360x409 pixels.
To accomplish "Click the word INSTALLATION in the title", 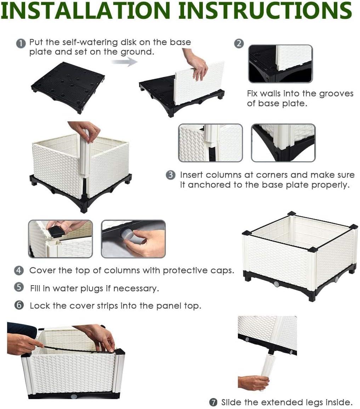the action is pos(86,10).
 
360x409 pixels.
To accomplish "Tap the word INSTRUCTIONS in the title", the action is pos(265,10).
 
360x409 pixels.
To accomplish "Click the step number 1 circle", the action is pos(21,43).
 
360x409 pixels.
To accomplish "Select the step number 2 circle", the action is pos(239,43).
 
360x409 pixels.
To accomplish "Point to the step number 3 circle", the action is pos(171,175).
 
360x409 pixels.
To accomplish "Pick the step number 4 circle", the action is pos(19,271).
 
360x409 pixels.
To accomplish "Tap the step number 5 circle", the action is pos(19,287).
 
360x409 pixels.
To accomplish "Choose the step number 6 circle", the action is pos(19,305).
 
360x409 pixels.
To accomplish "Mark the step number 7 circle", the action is pos(213,402).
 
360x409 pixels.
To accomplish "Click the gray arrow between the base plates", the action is pos(125,62).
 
